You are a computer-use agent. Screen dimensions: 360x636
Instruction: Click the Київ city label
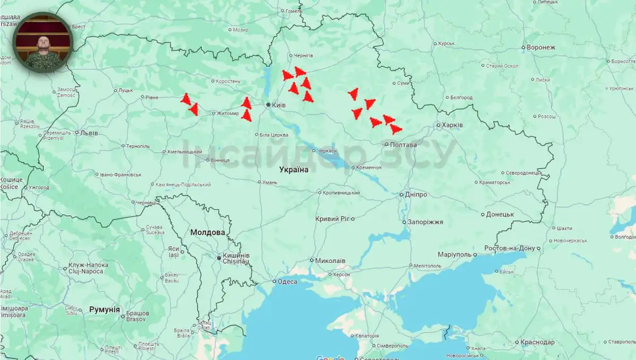tap(278, 105)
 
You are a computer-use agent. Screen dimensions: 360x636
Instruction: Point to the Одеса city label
tap(287, 282)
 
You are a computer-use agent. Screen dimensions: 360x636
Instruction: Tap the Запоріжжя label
tap(425, 222)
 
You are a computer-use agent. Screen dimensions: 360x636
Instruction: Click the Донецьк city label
tap(500, 214)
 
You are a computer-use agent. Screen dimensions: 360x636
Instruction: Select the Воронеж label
tap(541, 47)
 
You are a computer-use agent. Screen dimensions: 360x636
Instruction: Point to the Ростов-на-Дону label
tap(510, 248)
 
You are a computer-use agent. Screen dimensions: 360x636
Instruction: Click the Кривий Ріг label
tap(332, 219)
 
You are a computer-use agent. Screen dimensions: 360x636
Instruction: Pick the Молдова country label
tap(207, 232)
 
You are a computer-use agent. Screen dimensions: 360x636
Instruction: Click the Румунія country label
tap(104, 309)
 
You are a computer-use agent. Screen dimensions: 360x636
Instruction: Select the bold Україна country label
tap(294, 170)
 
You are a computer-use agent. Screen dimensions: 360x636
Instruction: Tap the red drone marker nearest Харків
tap(395, 129)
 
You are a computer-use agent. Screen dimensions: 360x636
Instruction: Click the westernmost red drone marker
tap(185, 99)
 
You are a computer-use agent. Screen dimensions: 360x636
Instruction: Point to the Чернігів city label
tap(304, 56)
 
